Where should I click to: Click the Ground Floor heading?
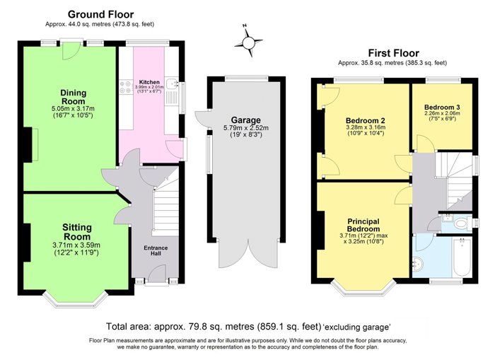[100, 15]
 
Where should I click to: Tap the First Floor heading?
[393, 53]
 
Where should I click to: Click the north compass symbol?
[249, 42]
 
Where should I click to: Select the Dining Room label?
[74, 97]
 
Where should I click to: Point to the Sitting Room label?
[76, 232]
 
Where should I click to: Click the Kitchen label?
[149, 82]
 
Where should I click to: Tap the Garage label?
[246, 120]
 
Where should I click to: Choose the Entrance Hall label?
[156, 250]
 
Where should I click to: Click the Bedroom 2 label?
[366, 121]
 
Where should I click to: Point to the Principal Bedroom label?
[363, 225]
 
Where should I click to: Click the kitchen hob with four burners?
[126, 88]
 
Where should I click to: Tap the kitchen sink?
[172, 83]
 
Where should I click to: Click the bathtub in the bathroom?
[462, 257]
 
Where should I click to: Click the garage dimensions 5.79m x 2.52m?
[246, 128]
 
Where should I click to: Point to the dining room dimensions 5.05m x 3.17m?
[73, 109]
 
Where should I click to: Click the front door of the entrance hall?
[156, 274]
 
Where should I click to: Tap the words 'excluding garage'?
[356, 327]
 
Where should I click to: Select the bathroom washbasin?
[418, 263]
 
